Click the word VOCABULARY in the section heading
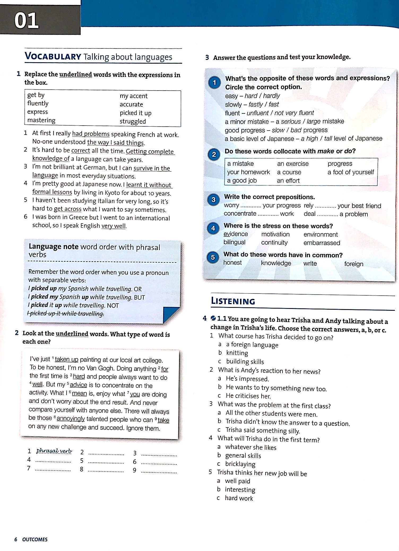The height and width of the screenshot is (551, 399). click(x=53, y=56)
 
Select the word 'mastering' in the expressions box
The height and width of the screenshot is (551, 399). click(x=41, y=120)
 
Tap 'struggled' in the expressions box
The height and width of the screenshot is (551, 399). click(x=133, y=121)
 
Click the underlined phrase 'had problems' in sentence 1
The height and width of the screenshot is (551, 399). click(x=91, y=134)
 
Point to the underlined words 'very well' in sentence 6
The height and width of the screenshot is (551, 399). click(x=114, y=226)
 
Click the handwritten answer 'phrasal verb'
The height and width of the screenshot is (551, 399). click(x=54, y=451)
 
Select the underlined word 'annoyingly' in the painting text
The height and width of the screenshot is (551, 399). click(x=71, y=419)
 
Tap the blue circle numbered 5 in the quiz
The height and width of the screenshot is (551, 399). click(x=213, y=257)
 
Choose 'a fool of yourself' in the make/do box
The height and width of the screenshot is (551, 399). click(x=350, y=172)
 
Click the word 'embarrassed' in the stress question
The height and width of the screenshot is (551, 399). click(x=322, y=243)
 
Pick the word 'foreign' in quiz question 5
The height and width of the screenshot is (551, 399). click(x=354, y=264)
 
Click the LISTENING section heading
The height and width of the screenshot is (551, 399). click(x=233, y=301)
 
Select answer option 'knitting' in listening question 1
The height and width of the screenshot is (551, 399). click(x=237, y=353)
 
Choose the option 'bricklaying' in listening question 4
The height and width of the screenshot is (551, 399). click(x=240, y=464)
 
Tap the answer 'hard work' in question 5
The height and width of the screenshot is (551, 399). click(x=239, y=498)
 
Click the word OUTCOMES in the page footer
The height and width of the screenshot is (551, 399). click(x=35, y=539)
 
